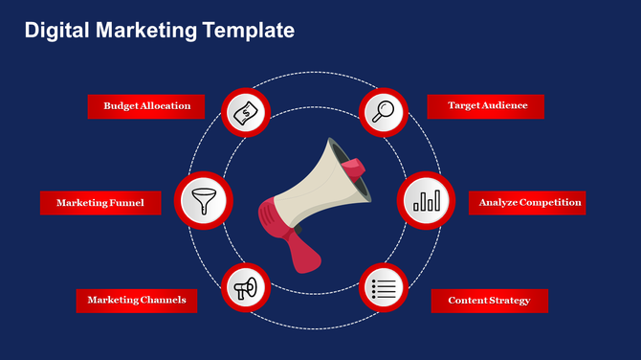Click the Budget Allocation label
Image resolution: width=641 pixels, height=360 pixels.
pyautogui.click(x=146, y=106)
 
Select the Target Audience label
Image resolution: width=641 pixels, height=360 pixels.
pyautogui.click(x=487, y=106)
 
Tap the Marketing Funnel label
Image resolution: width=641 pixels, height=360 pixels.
pyautogui.click(x=99, y=203)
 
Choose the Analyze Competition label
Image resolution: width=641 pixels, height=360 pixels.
pyautogui.click(x=530, y=203)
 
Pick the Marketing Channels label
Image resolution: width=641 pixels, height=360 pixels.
pyautogui.click(x=137, y=301)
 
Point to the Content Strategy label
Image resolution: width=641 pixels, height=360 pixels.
pyautogui.click(x=489, y=301)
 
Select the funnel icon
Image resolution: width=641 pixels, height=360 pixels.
pyautogui.click(x=202, y=201)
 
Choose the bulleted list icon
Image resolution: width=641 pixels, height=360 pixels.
pyautogui.click(x=383, y=288)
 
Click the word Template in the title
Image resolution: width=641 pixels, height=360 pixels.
pyautogui.click(x=248, y=31)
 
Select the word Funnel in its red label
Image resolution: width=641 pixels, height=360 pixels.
pyautogui.click(x=127, y=203)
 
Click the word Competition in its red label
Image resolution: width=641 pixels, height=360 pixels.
pyautogui.click(x=552, y=203)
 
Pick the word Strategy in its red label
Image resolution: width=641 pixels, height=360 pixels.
pyautogui.click(x=509, y=301)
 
